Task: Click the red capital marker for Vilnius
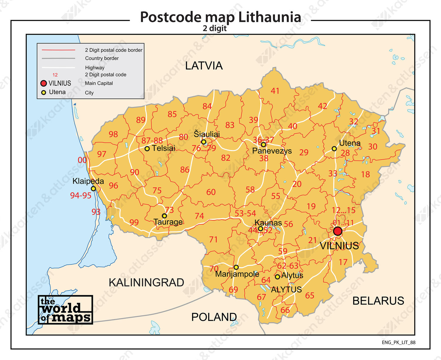tap(338, 231)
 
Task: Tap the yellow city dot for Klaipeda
tap(93, 189)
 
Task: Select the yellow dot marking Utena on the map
tap(334, 149)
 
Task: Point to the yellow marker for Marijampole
tap(236, 267)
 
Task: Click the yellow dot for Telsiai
tap(147, 149)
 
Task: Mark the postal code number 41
tap(275, 91)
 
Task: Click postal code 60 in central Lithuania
tap(211, 192)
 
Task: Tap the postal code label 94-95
tap(81, 195)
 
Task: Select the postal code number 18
tap(365, 174)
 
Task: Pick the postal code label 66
tap(285, 310)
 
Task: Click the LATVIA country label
tap(204, 66)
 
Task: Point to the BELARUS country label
tap(378, 301)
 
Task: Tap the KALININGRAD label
tap(146, 282)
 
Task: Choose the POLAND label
tap(214, 317)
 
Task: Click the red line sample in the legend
tap(59, 50)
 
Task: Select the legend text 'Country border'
tap(102, 58)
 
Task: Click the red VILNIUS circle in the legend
tap(44, 83)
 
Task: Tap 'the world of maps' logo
tap(65, 310)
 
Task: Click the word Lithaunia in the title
tap(270, 17)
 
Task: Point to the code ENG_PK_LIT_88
tap(398, 342)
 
